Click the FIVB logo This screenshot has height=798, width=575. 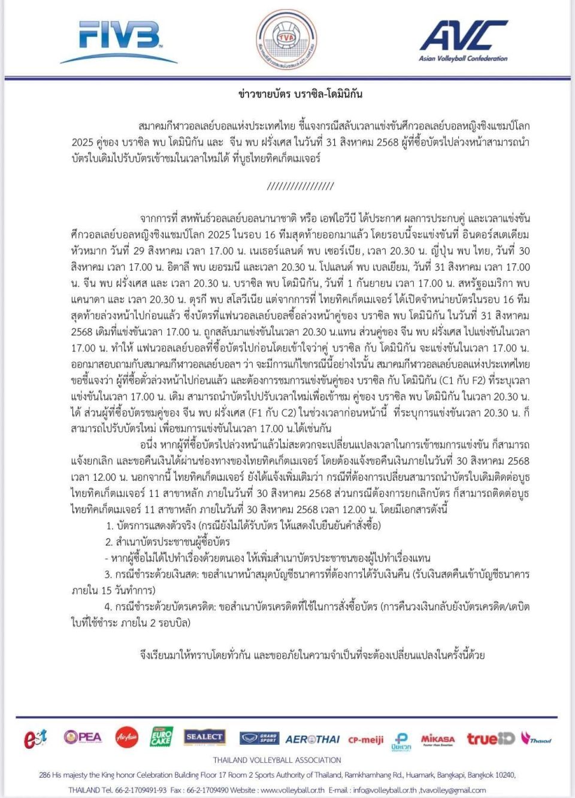coord(120,39)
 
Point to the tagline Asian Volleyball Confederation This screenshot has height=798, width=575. coord(463,58)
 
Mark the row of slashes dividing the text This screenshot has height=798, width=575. coord(300,186)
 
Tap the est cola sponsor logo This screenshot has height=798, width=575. coord(35,739)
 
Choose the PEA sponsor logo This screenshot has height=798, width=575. coord(83,737)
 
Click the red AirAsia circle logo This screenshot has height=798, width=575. coord(126,737)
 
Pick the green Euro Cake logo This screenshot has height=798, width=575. coord(161,737)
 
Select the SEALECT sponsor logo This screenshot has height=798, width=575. coord(204,737)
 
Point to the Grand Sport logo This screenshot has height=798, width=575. coord(259,738)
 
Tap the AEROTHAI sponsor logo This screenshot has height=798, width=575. coord(312,739)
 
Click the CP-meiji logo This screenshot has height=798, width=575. coord(366,739)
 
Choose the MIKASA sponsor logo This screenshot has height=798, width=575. coord(438,739)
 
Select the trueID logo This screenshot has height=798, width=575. coord(491,738)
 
